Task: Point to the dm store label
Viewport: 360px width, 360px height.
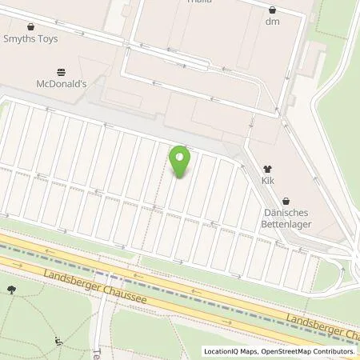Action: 274,22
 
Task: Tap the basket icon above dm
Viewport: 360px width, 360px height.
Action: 274,10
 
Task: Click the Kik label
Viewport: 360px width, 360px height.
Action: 267,182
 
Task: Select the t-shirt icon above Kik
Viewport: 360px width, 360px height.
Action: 267,170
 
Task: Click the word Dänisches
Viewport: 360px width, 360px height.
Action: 287,213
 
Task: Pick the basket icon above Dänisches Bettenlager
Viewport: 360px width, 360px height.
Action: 287,201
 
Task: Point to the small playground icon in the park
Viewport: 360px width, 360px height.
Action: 58,342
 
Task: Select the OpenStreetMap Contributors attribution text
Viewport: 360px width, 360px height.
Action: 307,351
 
